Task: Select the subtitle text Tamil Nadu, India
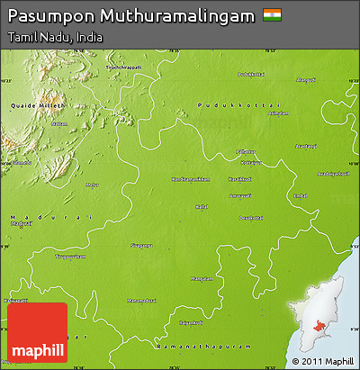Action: (53, 38)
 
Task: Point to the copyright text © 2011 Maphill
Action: (321, 361)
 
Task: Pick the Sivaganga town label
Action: (141, 244)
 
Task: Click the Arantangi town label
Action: (305, 146)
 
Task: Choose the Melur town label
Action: (92, 185)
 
